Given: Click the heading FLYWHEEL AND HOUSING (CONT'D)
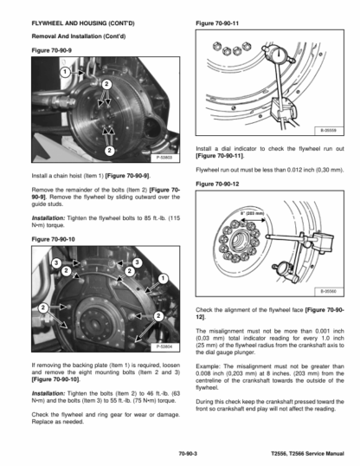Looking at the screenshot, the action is pyautogui.click(x=83, y=23).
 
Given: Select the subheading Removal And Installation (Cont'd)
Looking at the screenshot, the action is pyautogui.click(x=79, y=36).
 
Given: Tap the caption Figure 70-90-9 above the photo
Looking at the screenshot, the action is pyautogui.click(x=52, y=50).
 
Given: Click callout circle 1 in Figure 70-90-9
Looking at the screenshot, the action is pyautogui.click(x=65, y=72).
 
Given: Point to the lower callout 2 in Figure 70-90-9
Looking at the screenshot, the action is pyautogui.click(x=109, y=151).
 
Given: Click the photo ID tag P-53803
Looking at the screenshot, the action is pyautogui.click(x=164, y=158).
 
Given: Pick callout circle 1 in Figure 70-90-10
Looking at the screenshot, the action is pyautogui.click(x=163, y=279).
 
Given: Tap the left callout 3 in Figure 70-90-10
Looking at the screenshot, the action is pyautogui.click(x=56, y=262).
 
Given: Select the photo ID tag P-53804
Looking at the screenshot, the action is pyautogui.click(x=164, y=346).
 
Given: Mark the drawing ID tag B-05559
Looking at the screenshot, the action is pyautogui.click(x=329, y=131).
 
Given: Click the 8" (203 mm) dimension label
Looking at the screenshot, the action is pyautogui.click(x=252, y=213).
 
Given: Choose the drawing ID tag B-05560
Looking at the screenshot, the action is pyautogui.click(x=329, y=292).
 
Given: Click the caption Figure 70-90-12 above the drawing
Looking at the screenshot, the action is pyautogui.click(x=217, y=184).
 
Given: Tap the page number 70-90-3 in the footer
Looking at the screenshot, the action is pyautogui.click(x=188, y=454).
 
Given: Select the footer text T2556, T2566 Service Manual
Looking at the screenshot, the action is pyautogui.click(x=307, y=454).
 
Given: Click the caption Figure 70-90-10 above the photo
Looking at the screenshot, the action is pyautogui.click(x=53, y=239).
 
